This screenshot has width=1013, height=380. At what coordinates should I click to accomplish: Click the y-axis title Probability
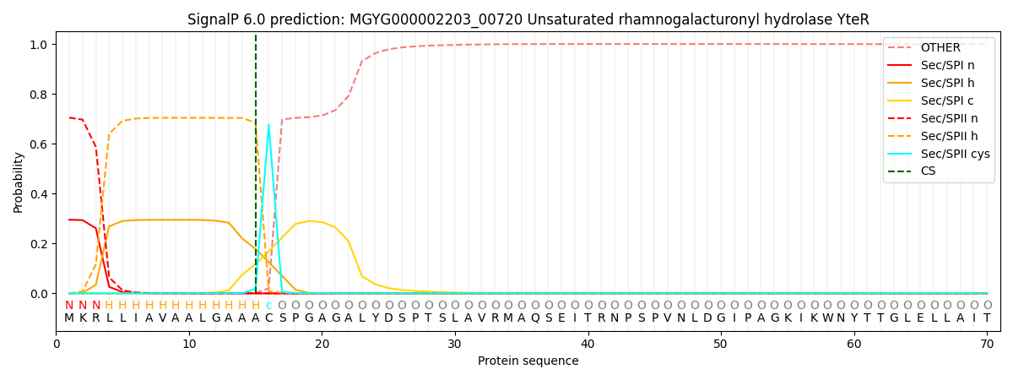19,182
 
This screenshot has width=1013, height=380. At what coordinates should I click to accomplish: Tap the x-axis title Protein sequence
528,361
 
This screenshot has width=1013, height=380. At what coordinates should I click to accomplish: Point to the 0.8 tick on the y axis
40,95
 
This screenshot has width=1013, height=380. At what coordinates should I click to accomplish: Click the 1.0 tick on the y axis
40,44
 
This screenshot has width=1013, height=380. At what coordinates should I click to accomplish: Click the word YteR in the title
853,19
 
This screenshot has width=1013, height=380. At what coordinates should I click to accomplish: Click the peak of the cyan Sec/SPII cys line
268,125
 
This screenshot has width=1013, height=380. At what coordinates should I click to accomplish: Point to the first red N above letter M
69,306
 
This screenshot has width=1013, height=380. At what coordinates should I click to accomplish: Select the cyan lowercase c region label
268,306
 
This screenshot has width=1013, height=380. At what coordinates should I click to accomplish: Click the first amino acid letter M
69,318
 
